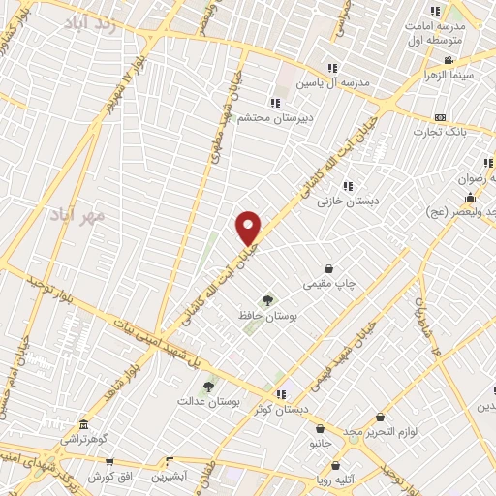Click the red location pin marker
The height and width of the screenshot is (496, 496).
(249, 228)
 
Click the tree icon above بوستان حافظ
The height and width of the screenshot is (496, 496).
(267, 299)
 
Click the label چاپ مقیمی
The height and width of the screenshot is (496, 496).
(329, 284)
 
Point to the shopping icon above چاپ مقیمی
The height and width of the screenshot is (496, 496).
(329, 268)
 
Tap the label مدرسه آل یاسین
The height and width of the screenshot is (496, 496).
(335, 84)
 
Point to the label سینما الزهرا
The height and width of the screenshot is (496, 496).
(448, 74)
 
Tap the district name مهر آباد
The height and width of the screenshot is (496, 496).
(106, 212)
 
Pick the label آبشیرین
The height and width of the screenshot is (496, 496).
(168, 478)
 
